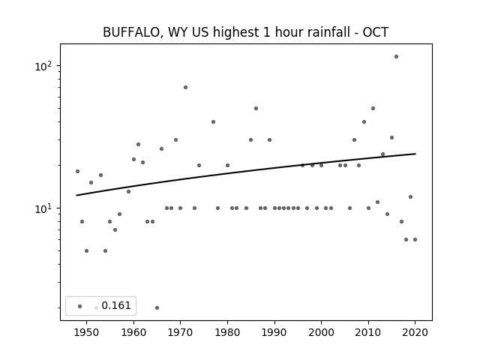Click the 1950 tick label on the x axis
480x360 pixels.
87,332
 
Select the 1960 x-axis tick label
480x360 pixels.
133,332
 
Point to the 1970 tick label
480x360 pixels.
180,332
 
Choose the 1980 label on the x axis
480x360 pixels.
227,332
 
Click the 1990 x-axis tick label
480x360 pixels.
274,332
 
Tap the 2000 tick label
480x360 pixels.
321,332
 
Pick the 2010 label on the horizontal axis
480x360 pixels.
368,332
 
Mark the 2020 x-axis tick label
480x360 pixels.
415,332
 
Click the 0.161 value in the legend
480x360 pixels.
116,305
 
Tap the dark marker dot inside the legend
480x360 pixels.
80,306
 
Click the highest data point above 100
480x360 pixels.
396,57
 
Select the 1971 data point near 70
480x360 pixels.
185,87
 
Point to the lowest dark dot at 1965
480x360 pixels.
157,307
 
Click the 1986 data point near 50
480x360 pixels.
256,108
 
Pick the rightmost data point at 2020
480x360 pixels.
415,240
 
